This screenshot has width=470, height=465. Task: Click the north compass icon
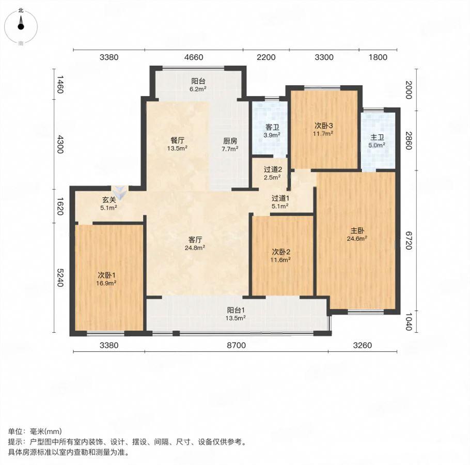pos(21,26)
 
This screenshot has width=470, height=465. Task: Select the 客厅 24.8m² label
pos(195,243)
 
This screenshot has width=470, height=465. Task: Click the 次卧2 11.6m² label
pos(280,256)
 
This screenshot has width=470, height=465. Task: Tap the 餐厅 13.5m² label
pos(178,144)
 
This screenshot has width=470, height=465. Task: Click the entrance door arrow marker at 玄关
pos(120,193)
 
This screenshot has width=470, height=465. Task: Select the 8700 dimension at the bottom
pos(236,345)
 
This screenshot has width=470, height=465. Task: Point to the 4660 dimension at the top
pos(194,57)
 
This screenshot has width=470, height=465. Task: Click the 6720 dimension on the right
pos(409,240)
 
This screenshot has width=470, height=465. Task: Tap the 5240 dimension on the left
pos(60,277)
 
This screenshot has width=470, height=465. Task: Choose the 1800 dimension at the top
pos(378,57)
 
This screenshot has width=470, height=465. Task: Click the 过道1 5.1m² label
pos(280,202)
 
